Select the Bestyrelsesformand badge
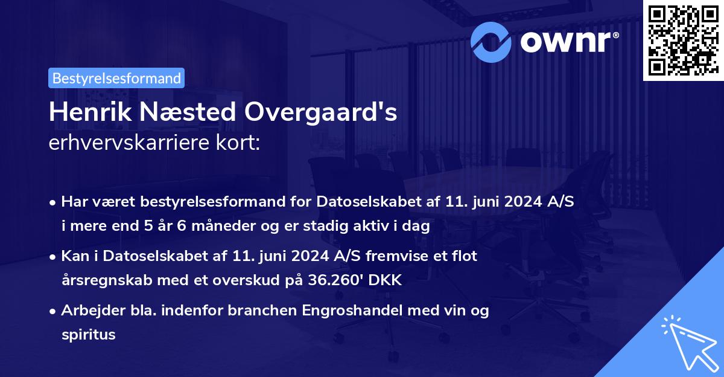[116, 78]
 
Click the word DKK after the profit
[385, 280]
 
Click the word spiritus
[88, 334]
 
